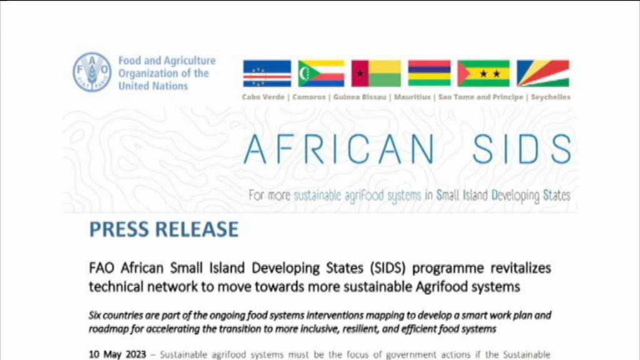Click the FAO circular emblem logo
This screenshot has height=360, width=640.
pos(92,72)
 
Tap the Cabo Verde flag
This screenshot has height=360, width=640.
pos(267,74)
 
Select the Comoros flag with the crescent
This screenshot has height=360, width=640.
pos(321,74)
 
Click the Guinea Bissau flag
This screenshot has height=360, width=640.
pos(376,74)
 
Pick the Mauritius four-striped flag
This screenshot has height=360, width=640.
pos(429,74)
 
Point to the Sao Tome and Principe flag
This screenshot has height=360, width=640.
pos(484,74)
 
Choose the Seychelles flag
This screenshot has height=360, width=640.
pos(543,74)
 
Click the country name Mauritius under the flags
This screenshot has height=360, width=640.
pos(412,97)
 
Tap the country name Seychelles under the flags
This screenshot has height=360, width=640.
pos(551,97)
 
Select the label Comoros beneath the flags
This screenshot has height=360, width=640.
pos(309,97)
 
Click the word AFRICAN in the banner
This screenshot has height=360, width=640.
pos(339,149)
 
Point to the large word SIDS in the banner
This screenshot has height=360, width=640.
pos(522,149)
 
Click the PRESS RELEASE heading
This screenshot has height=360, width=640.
pos(164,229)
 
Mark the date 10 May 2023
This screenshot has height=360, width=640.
pos(117,354)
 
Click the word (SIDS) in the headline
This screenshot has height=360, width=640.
pos(388,268)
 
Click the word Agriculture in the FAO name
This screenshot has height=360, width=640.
pos(191,61)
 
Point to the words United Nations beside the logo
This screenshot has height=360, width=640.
pos(153,86)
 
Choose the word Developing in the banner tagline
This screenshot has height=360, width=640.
pos(516,196)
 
